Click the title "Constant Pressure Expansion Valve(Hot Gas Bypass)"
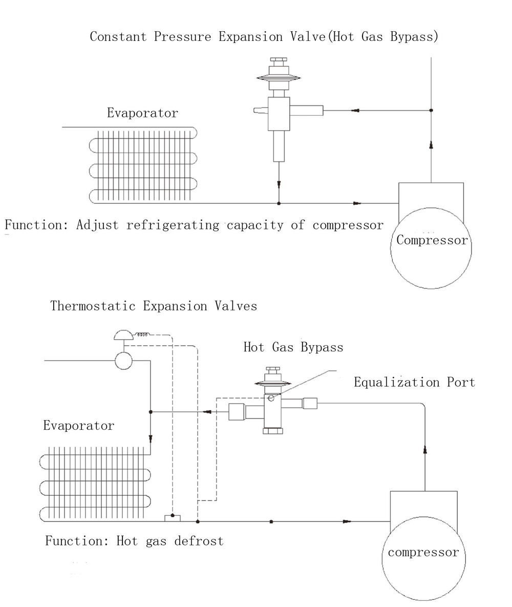pos(264,37)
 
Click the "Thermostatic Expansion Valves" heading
pos(154,306)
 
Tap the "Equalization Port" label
pos(414,382)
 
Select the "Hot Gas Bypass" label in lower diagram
pos(293,347)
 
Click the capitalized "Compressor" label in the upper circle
pos(432,240)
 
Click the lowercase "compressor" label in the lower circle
pos(423,552)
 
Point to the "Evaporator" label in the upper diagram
pos(142,113)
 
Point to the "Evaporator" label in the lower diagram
pos(78,426)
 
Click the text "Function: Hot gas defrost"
pos(134,541)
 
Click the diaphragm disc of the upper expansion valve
pos(279,78)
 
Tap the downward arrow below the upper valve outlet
pos(279,183)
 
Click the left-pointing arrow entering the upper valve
pos(354,110)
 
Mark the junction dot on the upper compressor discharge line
pos(431,110)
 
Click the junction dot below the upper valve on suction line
pos(279,203)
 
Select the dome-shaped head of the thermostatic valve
pos(123,335)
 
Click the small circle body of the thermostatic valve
pos(123,361)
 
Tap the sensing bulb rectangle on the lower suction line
pos(172,518)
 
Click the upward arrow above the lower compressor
pos(425,450)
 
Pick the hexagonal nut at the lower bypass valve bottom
pos(272,431)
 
